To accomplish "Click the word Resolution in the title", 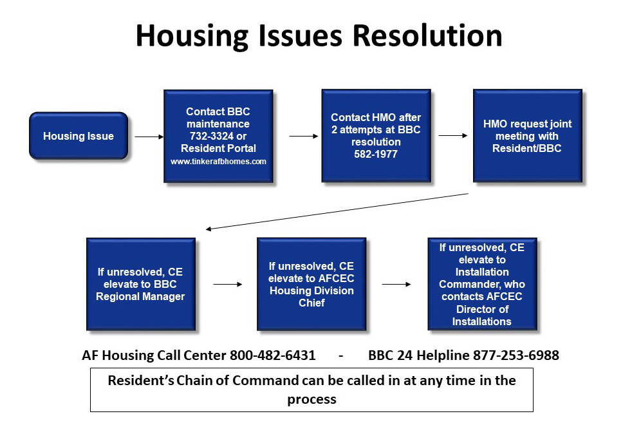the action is pos(427,35).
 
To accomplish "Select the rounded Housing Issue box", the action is pos(79,136).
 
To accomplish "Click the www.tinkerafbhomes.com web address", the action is pos(218,162).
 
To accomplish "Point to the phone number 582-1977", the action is pos(376,155).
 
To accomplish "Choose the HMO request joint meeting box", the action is pos(527,136).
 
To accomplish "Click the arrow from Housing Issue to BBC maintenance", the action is pos(149,137).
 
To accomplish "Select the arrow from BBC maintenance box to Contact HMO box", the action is pos(304,137).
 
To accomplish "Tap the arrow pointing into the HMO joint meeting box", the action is pos(453,136).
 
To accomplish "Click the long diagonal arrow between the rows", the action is pos(337,211).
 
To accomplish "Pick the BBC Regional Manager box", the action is pos(141,284).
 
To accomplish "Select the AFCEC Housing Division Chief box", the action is pos(311,284).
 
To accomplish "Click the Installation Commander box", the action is pos(482,284).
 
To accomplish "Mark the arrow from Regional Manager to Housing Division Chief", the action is pos(228,284).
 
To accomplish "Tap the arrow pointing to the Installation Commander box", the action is pos(396,284).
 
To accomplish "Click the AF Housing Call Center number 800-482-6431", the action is pos(273,355).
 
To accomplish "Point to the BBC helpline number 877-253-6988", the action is pos(516,355).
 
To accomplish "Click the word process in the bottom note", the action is pos(312,399).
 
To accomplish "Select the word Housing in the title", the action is pos(192,37).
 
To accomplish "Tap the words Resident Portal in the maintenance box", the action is pos(218,148).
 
